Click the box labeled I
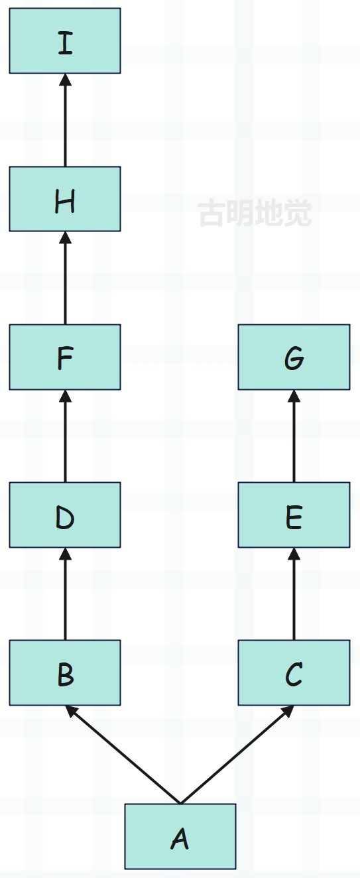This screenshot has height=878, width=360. coord(65,40)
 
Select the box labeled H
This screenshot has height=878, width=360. coord(65,199)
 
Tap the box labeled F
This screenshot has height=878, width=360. coord(65,357)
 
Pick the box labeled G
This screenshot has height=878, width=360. coord(294,357)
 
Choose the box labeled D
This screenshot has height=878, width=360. coord(65,515)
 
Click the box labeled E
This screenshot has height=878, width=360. coord(294,515)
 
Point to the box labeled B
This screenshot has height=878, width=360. coord(65,673)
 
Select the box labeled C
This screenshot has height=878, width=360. coord(294,673)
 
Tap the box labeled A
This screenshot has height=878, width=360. coord(180,836)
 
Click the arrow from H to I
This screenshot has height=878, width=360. coord(65,120)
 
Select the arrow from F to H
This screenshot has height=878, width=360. coord(65,278)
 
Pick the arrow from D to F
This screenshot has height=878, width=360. coord(65,436)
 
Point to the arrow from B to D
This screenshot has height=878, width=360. coord(65,594)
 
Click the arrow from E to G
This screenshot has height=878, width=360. coord(294,436)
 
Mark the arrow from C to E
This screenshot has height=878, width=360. coord(294,594)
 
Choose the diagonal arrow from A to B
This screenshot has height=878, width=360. coord(123,755)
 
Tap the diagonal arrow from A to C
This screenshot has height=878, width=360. coord(237,755)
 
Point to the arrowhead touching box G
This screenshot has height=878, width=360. coord(294,396)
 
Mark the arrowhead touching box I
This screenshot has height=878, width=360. coord(65,80)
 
